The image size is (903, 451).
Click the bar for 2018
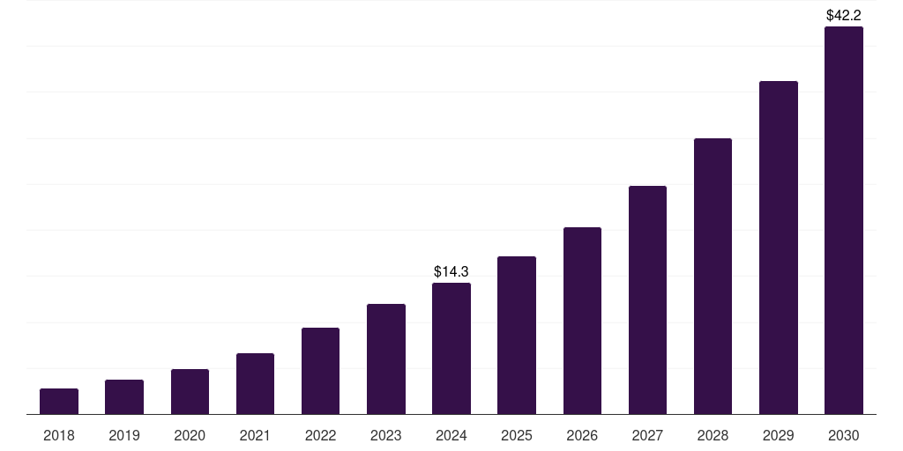pos(59,402)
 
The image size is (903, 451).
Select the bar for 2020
pos(190,392)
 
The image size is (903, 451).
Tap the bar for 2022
pos(320,371)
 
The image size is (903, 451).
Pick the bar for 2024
pos(451,349)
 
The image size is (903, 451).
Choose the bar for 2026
pos(582,321)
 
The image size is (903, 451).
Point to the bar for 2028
pos(713,277)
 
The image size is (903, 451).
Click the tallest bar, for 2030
pos(844,220)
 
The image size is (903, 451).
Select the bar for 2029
pos(779,248)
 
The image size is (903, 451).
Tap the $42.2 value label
pos(844,15)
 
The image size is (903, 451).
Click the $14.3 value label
pos(451,272)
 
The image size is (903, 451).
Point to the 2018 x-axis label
pos(59,435)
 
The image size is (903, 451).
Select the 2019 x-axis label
pos(124,435)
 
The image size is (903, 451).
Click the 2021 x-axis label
pos(255,435)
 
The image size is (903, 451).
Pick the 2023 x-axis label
pos(386,435)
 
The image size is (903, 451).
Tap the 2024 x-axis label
pos(451,435)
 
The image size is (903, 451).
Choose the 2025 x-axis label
pos(517,435)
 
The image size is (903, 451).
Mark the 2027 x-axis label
pos(647,435)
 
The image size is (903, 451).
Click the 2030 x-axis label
pos(844,435)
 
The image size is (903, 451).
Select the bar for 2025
pos(517,336)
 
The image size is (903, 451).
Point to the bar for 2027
pos(647,300)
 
